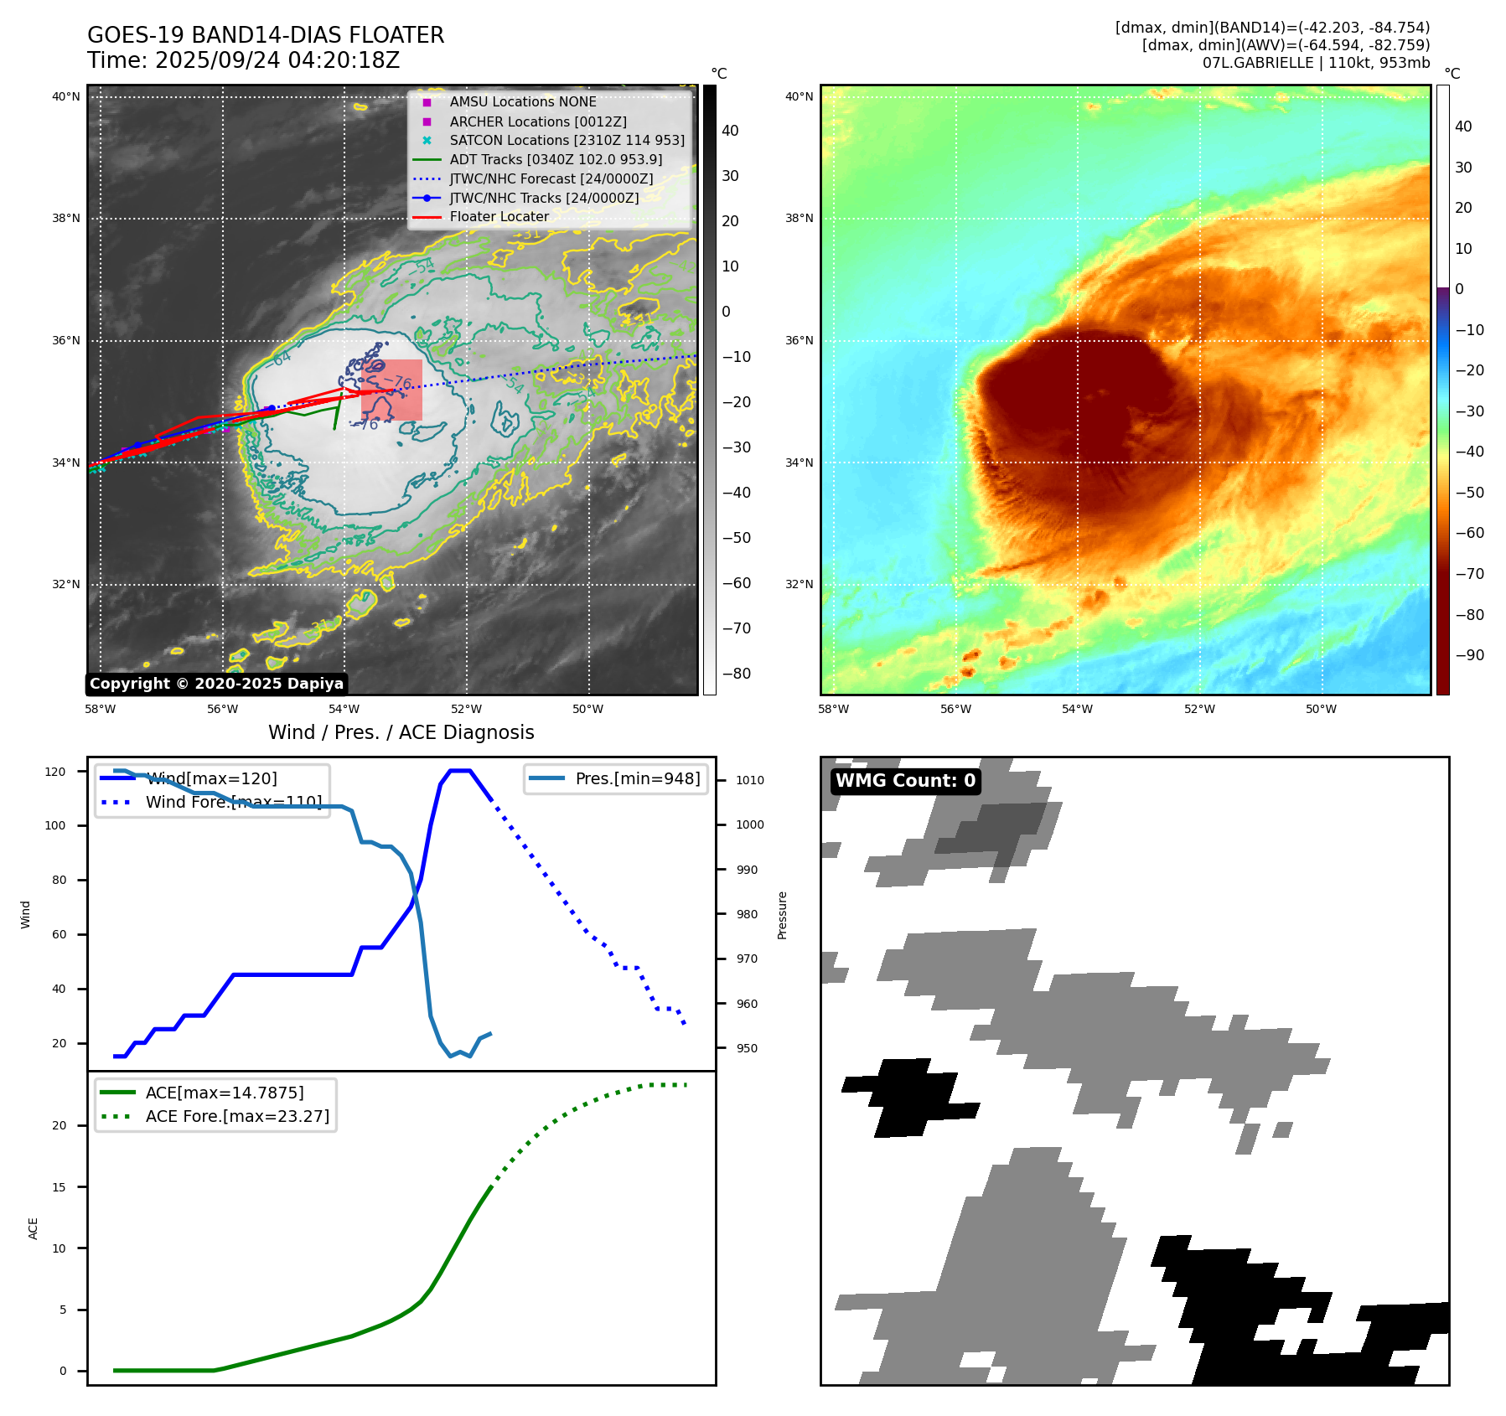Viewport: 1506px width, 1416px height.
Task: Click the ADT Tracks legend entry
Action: (x=556, y=159)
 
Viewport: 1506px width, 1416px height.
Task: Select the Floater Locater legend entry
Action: (x=499, y=216)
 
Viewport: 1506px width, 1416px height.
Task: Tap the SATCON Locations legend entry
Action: (x=567, y=140)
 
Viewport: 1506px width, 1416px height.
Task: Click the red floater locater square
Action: (x=391, y=390)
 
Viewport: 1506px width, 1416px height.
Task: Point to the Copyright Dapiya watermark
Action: (x=216, y=684)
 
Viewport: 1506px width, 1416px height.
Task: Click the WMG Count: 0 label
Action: (x=905, y=781)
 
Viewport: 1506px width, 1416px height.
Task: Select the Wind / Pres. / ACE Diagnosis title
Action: (x=401, y=732)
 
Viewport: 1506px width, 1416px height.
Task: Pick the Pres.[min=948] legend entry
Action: (x=637, y=778)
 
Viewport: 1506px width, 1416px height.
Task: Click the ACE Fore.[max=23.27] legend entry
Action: (x=237, y=1116)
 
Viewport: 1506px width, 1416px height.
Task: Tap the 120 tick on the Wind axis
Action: (x=55, y=772)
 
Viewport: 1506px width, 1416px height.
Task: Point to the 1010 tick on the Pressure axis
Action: (x=750, y=780)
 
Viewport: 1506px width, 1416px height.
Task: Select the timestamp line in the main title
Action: (x=243, y=60)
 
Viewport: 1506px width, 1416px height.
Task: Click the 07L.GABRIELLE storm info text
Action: (x=1316, y=63)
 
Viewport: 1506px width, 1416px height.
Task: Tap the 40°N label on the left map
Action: (x=66, y=96)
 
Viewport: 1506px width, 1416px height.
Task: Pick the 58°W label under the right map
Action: (x=833, y=709)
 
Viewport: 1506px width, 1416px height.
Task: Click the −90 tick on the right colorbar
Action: (x=1469, y=655)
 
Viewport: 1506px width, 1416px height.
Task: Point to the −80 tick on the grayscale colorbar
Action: (x=737, y=674)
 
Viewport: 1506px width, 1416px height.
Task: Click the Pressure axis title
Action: (x=782, y=915)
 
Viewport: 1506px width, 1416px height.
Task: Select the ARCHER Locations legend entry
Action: (x=537, y=121)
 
